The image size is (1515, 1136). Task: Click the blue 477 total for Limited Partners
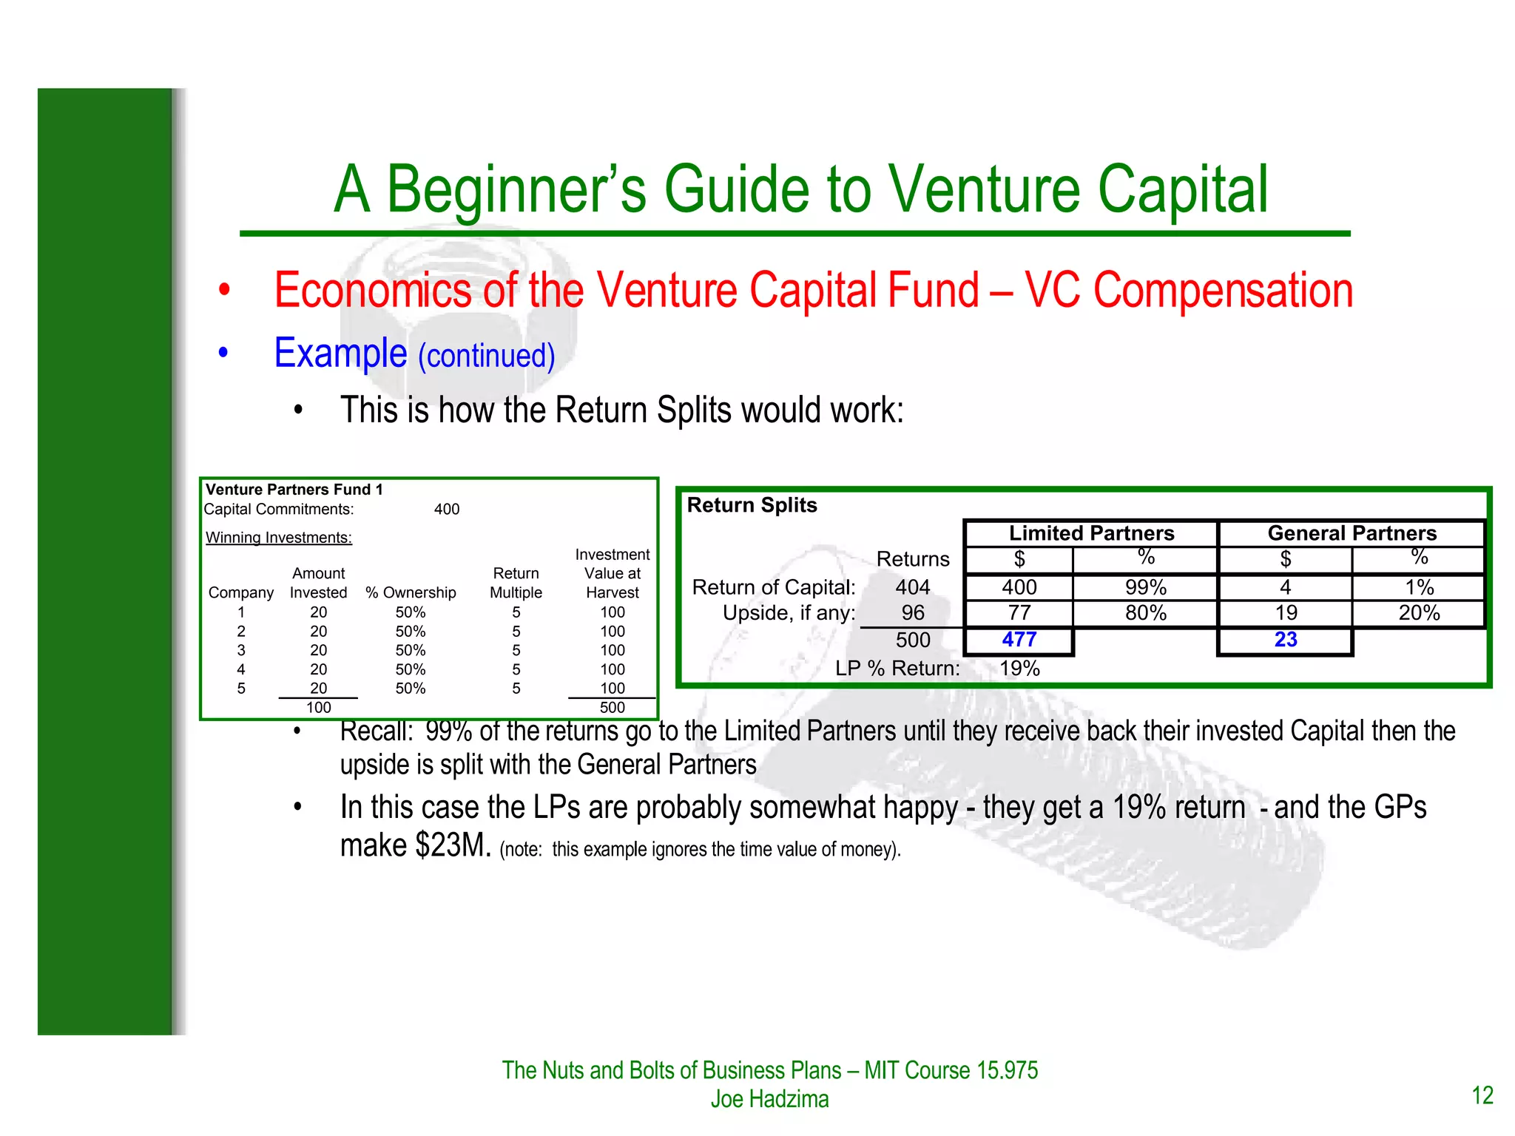pos(1019,640)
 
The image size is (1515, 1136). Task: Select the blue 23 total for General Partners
pos(1285,640)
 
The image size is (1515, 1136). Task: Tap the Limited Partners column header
pos(1091,533)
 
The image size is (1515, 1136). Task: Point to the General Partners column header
pos(1352,533)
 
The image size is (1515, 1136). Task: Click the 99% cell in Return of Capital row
pos(1145,587)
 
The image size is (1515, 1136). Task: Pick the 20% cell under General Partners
pos(1419,613)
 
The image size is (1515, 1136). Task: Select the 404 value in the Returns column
pos(913,587)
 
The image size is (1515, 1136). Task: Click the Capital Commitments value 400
pos(447,510)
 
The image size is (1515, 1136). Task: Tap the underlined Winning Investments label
pos(279,538)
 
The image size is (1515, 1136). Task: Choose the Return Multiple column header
pos(516,583)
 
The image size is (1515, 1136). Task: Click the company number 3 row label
pos(241,650)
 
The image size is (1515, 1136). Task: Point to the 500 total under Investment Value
pos(613,708)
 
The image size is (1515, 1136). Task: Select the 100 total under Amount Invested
pos(319,708)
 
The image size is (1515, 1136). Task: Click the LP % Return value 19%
pos(1019,669)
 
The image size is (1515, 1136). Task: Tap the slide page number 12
pos(1482,1095)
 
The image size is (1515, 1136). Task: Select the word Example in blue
pos(340,354)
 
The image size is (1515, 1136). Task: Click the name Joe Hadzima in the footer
pos(769,1099)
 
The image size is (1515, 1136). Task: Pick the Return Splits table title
pos(752,505)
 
